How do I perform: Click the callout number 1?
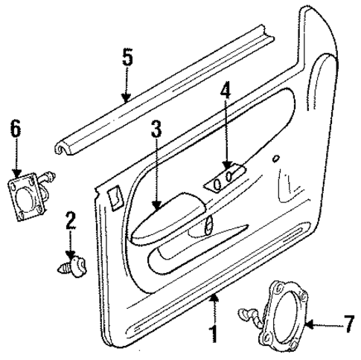[x=213, y=332]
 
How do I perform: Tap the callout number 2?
[x=71, y=220]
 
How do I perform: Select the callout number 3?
[x=156, y=129]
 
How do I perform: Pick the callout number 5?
[x=127, y=58]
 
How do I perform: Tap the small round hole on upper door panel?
[x=277, y=158]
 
